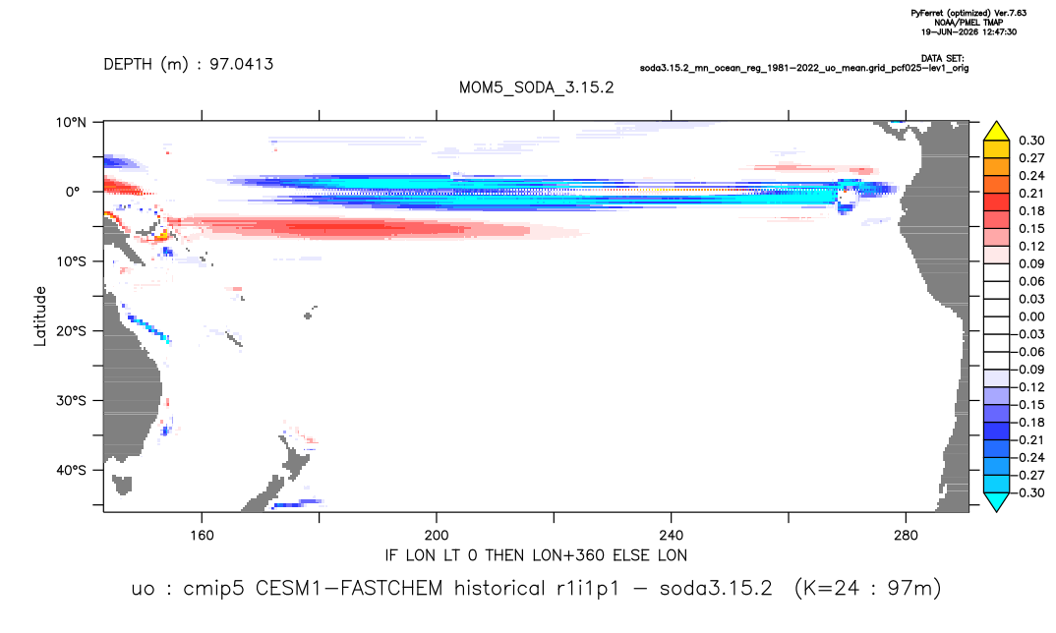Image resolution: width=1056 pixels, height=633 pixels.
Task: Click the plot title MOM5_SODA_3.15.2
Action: pos(536,87)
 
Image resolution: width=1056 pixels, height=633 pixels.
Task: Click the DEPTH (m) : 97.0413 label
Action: pos(189,65)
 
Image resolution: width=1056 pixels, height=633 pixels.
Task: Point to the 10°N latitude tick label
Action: pos(71,122)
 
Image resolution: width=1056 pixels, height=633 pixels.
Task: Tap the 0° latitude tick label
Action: pos(73,192)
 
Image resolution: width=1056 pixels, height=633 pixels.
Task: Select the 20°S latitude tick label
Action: pos(71,331)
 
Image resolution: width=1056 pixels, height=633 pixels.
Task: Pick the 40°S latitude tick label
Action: pos(71,470)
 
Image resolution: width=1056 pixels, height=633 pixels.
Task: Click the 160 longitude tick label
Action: pos(202,536)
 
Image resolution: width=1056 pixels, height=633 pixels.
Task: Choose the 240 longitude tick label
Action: pos(671,536)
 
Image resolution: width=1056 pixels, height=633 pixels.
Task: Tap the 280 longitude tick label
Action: pos(906,536)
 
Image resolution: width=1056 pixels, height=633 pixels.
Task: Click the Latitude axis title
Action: pos(40,316)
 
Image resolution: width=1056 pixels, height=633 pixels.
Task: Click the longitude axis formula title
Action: pos(536,555)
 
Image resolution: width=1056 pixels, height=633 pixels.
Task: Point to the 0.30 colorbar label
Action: pos(1031,141)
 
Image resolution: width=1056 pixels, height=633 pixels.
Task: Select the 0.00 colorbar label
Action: pos(1031,316)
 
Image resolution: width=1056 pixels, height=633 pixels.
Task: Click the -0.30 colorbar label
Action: pos(1029,492)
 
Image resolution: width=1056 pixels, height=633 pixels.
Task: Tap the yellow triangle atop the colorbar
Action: pos(996,131)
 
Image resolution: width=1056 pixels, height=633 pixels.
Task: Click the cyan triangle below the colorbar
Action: pos(996,501)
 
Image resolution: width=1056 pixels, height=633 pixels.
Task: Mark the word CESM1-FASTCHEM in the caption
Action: pos(349,589)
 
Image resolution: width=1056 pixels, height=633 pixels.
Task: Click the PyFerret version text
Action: pos(968,13)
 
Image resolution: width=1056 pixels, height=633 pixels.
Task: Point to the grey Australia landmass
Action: pos(132,377)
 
